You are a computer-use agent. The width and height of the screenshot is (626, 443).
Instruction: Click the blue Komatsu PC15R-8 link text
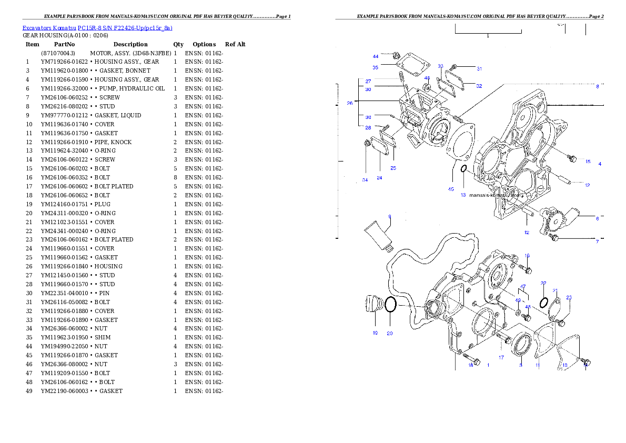[97, 28]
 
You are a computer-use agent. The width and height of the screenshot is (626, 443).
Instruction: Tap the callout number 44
[376, 56]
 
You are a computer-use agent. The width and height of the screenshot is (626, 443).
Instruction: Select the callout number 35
[376, 67]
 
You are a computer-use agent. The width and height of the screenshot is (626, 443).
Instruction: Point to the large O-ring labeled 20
[390, 305]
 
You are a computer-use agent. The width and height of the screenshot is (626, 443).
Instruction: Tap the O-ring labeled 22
[545, 301]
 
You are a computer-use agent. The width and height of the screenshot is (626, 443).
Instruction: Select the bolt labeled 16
[528, 270]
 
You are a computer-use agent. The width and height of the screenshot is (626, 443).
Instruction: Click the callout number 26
[349, 104]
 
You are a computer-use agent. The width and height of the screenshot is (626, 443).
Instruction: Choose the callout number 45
[451, 189]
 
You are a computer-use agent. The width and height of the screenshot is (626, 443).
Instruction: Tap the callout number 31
[479, 68]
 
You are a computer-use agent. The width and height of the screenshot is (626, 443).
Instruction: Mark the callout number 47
[523, 287]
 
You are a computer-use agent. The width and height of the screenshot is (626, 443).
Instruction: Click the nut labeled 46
[428, 86]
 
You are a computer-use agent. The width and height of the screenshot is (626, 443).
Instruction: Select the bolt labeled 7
[553, 238]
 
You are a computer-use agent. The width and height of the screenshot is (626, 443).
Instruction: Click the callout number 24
[379, 178]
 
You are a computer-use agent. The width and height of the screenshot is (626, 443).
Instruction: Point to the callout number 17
[501, 358]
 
